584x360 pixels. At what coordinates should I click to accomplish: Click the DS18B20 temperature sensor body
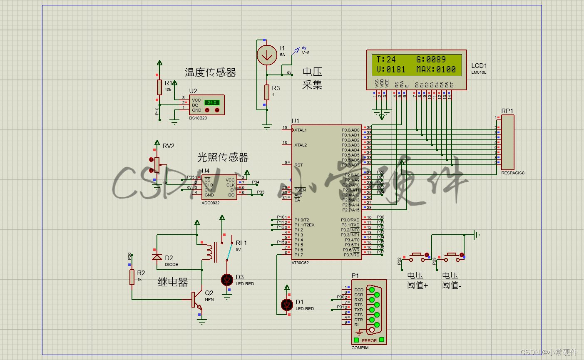207,105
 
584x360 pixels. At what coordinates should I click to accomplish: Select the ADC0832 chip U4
219,187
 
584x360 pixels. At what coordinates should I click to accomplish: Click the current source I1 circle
266,55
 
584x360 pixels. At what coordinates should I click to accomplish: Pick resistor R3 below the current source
266,92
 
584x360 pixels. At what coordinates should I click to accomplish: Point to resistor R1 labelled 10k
159,87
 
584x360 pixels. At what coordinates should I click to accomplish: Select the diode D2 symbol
157,257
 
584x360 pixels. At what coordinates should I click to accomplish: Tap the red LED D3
227,280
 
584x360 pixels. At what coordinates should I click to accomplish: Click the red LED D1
287,305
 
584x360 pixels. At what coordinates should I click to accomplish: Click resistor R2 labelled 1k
132,277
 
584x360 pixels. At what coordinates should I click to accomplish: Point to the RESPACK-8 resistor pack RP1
507,142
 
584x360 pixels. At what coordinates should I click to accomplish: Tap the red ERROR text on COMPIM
369,340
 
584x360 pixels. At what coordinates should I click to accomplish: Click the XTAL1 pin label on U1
301,130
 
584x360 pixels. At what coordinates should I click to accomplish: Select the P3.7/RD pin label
350,255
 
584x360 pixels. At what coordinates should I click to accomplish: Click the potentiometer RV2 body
157,164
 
